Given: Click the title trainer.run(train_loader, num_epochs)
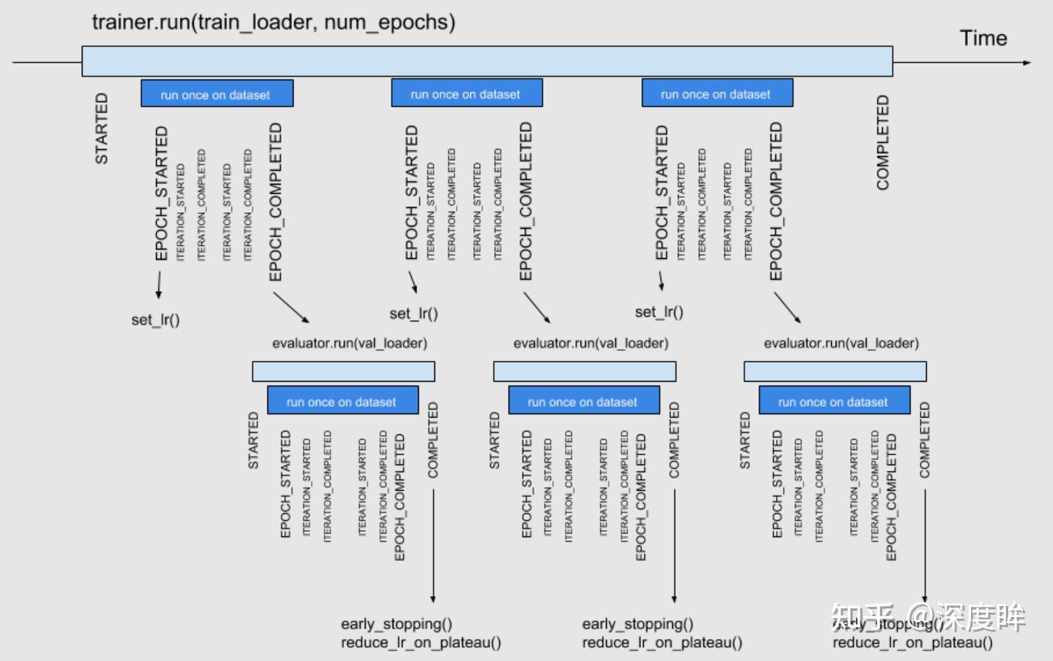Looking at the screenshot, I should click(274, 22).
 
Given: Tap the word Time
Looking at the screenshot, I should click(983, 38).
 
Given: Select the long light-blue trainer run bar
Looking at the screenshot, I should click(487, 61).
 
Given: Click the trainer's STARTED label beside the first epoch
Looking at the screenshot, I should click(101, 129).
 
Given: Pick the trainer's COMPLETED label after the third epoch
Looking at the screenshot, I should click(883, 143).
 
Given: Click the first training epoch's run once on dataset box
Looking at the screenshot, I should click(216, 94).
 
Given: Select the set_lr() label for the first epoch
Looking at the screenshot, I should click(155, 319).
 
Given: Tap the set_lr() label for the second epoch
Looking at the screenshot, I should click(414, 313).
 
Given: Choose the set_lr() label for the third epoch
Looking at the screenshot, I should click(659, 312).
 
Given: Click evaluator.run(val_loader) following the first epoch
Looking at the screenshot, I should click(349, 342).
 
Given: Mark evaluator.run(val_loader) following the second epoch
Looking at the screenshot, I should click(591, 342).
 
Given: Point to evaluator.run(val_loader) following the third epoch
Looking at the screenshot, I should click(841, 342).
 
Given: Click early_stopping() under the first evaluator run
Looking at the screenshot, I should click(396, 624).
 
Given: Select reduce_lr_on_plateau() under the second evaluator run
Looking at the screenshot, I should click(662, 642).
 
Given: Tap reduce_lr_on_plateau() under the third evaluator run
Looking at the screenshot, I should click(912, 642).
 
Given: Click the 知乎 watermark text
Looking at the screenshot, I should click(862, 617).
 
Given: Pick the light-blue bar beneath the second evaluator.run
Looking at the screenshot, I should click(584, 372).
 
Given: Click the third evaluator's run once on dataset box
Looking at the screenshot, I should click(833, 401).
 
